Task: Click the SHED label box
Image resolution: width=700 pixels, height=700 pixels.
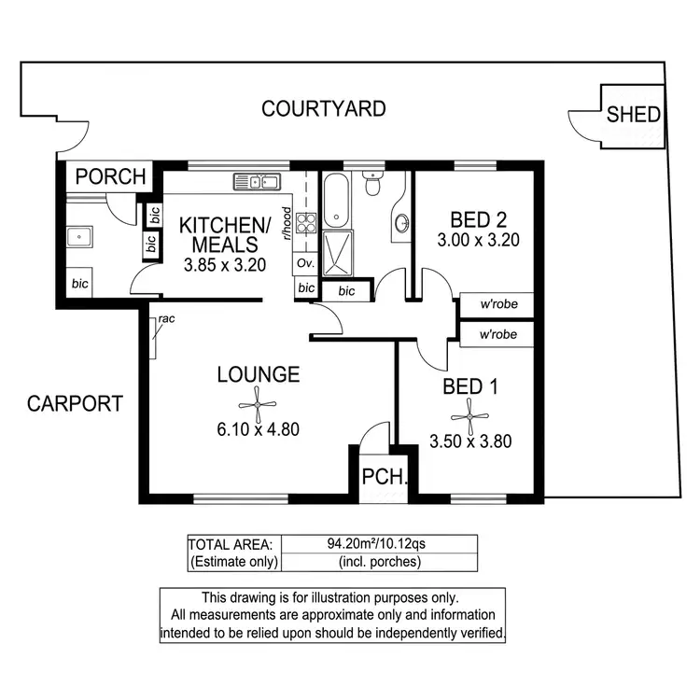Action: [634, 115]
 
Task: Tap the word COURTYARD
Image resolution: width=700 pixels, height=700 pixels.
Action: [323, 109]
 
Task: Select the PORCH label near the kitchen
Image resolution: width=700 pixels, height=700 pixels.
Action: [111, 175]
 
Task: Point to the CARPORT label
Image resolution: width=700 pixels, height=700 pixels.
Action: [75, 404]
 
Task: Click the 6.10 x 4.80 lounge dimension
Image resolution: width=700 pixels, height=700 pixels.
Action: [258, 430]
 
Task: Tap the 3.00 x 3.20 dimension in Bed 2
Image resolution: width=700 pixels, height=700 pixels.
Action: [477, 240]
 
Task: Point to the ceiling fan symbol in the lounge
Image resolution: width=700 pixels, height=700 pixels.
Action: [258, 403]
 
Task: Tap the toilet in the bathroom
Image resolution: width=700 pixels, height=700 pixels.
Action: [372, 186]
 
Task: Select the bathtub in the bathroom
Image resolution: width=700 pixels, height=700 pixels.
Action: [336, 201]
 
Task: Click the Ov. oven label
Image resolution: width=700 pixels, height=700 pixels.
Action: [304, 264]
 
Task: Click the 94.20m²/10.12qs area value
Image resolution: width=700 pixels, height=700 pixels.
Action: [378, 544]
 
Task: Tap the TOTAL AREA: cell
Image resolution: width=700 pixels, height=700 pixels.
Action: [231, 544]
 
